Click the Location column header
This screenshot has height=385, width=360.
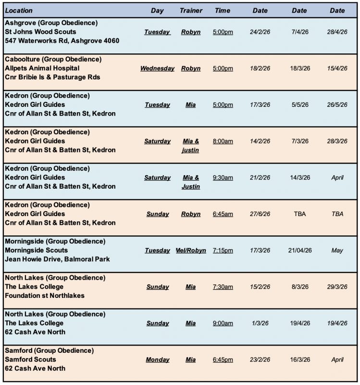pyautogui.click(x=19, y=11)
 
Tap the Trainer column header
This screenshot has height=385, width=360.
pyautogui.click(x=191, y=11)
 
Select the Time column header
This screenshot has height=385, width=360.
pyautogui.click(x=223, y=11)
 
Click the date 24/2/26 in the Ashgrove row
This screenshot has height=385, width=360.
pyautogui.click(x=260, y=32)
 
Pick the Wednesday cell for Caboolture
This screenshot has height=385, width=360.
pyautogui.click(x=157, y=68)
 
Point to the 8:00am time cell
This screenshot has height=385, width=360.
pyautogui.click(x=223, y=141)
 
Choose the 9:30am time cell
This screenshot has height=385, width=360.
pyautogui.click(x=223, y=178)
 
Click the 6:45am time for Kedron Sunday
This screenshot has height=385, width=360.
pyautogui.click(x=223, y=214)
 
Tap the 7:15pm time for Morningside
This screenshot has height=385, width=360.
pyautogui.click(x=223, y=250)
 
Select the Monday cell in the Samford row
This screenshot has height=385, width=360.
pyautogui.click(x=157, y=359)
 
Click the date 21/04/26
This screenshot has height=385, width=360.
pyautogui.click(x=299, y=250)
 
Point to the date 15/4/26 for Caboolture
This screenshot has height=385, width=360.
pyautogui.click(x=337, y=68)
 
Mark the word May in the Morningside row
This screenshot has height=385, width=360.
pyautogui.click(x=337, y=250)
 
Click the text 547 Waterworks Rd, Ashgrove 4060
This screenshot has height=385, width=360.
pyautogui.click(x=62, y=41)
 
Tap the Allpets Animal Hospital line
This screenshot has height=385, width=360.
pyautogui.click(x=42, y=68)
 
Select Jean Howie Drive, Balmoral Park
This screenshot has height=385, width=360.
pyautogui.click(x=57, y=259)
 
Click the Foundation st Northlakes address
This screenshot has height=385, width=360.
pyautogui.click(x=45, y=295)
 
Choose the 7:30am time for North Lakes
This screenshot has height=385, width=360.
pyautogui.click(x=223, y=287)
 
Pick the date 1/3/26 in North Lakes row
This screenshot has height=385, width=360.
pyautogui.click(x=260, y=323)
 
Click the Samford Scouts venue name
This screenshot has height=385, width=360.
pyautogui.click(x=30, y=359)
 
